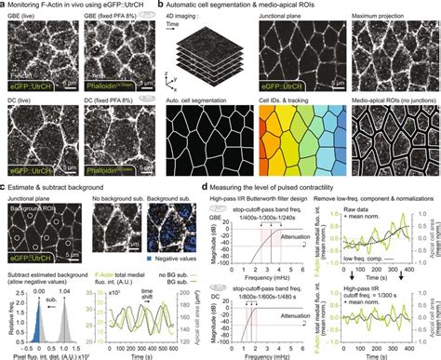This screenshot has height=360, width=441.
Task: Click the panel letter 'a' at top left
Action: (x=4, y=5)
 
